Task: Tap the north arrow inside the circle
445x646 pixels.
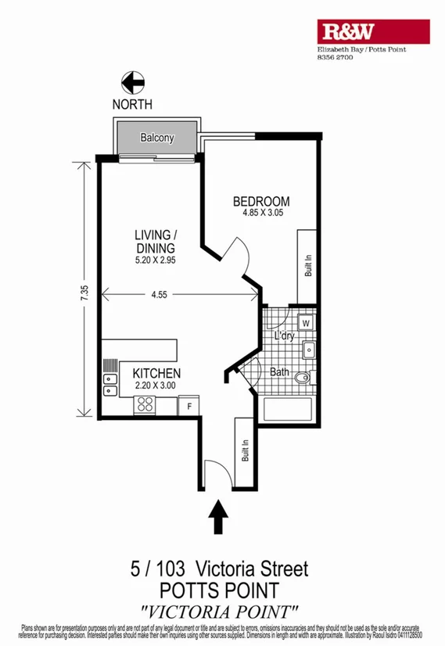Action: pos(132,82)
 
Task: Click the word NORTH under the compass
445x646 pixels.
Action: pos(132,104)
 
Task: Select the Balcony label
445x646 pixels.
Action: pos(156,138)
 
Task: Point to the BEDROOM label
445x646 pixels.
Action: pos(261,201)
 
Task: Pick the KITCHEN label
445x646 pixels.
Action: pos(156,373)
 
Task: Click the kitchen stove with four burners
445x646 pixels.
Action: pos(145,404)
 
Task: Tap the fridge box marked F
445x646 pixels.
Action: pos(188,405)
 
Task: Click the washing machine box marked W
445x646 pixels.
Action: pos(306,323)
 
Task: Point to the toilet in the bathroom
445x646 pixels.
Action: pos(304,379)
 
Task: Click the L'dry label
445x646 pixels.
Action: pos(283,336)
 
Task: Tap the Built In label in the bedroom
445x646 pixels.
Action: pos(308,266)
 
